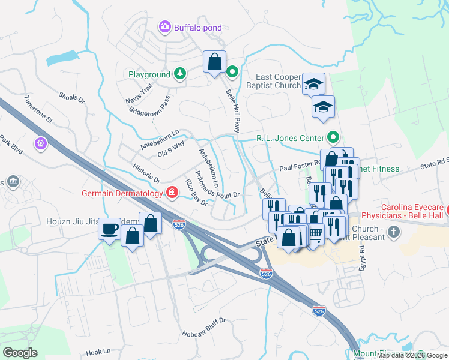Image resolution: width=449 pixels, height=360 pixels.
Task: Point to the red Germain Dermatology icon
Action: coord(172,193)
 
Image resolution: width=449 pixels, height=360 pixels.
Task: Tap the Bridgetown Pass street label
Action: coord(149,106)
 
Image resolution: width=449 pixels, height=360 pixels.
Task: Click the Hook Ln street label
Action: coord(98,352)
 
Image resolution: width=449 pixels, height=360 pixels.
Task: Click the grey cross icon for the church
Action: coord(393,231)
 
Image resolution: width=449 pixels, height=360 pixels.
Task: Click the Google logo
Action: coord(20,353)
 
